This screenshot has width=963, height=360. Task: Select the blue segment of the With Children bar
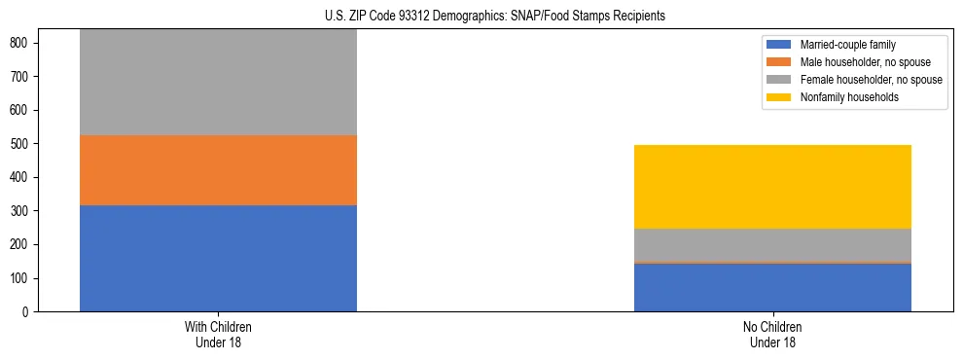[x=218, y=258]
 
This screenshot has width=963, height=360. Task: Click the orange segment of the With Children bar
[x=218, y=170]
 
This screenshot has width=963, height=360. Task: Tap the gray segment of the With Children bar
[x=218, y=83]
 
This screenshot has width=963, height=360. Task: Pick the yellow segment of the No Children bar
[x=772, y=187]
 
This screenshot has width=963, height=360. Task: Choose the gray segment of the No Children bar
[x=772, y=245]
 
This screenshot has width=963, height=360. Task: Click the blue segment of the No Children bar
[x=772, y=288]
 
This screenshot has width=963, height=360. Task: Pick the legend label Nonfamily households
[x=842, y=97]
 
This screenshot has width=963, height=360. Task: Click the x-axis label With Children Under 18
[x=218, y=334]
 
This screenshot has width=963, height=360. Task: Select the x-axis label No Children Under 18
[x=772, y=334]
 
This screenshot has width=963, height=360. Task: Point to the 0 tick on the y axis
[x=26, y=312]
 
